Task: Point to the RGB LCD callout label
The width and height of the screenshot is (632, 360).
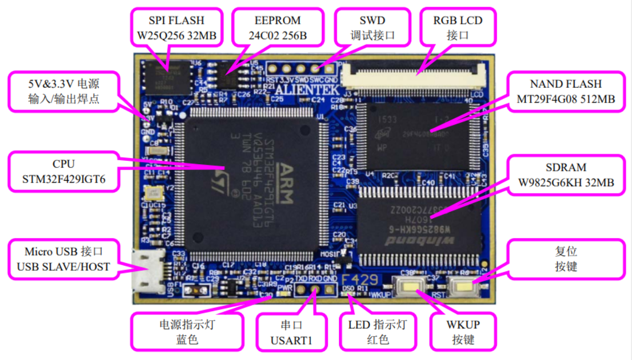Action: pyautogui.click(x=458, y=28)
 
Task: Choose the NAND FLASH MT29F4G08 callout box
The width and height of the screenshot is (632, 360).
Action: pyautogui.click(x=565, y=92)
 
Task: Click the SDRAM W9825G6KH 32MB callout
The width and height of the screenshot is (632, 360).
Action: pyautogui.click(x=565, y=175)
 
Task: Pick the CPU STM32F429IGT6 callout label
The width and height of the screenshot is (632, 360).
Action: pyautogui.click(x=63, y=172)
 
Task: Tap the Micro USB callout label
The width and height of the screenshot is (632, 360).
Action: pyautogui.click(x=64, y=259)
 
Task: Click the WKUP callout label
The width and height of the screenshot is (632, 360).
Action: pyautogui.click(x=463, y=332)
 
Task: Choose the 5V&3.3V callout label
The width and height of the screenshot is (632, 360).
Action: pyautogui.click(x=64, y=92)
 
